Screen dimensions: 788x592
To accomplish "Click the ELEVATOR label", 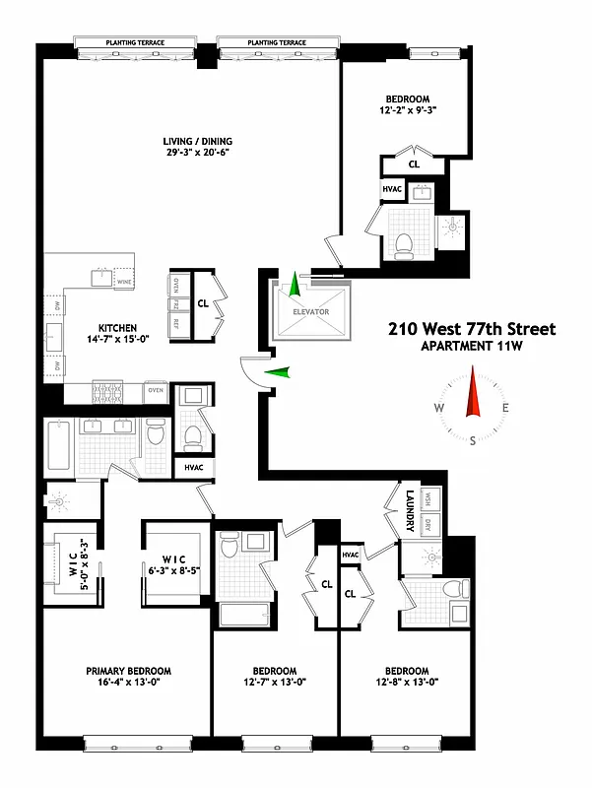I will tap(309, 312).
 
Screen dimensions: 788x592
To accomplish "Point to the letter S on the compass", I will tap(474, 440).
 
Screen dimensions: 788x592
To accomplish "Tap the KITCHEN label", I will tap(116, 328).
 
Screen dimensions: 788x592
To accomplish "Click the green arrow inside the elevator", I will tap(294, 287).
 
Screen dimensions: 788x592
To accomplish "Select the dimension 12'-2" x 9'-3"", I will tap(407, 111).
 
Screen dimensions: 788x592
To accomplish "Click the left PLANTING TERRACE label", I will tap(136, 43).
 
